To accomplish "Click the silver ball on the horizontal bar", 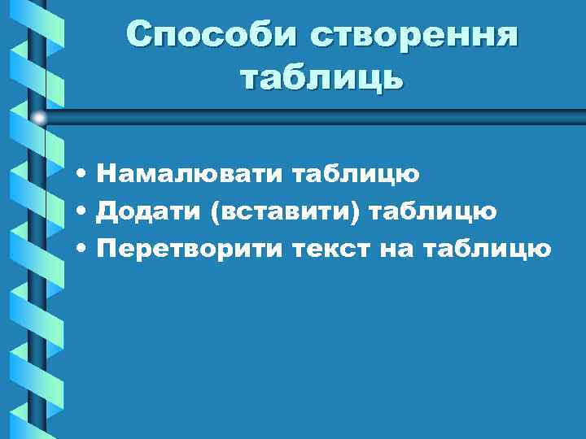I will pos(38,118).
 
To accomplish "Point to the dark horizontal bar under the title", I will pos(326,119).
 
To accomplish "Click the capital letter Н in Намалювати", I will pos(106,173).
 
